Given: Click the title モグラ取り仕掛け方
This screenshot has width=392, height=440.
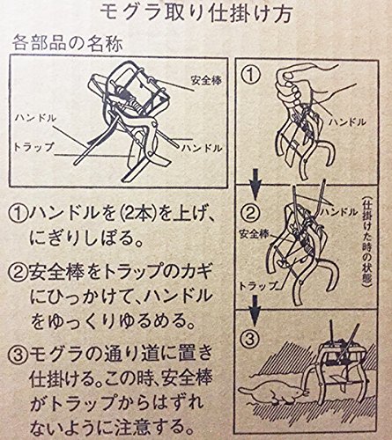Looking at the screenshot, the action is [x=196, y=12].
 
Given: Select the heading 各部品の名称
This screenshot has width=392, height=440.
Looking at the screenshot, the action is [x=67, y=45].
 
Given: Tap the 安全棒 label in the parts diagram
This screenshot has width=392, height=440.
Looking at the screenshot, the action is [x=206, y=80].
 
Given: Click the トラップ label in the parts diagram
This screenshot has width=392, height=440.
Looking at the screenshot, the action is [x=34, y=147].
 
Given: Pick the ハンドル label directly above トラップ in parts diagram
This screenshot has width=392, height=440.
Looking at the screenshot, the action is [x=35, y=119].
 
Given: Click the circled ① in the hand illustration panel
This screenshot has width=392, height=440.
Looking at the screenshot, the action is [x=250, y=76].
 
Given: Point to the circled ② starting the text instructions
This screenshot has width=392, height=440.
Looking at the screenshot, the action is [x=18, y=272].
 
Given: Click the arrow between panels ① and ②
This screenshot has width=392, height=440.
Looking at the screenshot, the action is [x=255, y=183].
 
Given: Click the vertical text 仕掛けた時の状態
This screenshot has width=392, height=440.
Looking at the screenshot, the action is [x=366, y=241].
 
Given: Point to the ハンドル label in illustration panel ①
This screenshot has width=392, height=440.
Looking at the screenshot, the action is [x=347, y=121].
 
